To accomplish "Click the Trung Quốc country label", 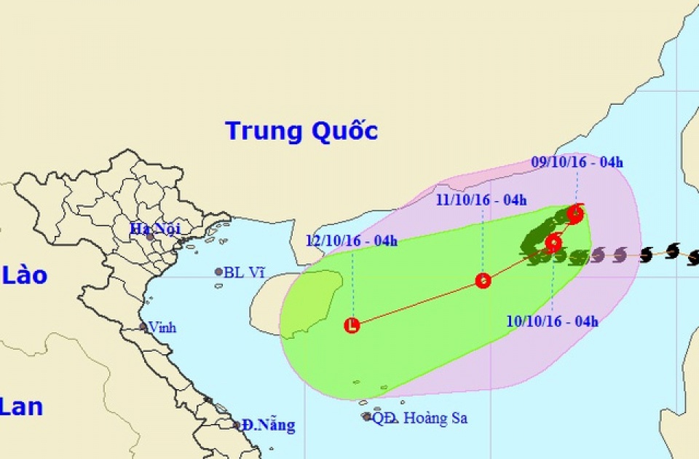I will click(x=301, y=131).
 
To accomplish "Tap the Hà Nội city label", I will click(x=154, y=229).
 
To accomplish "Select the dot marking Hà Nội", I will click(x=150, y=237).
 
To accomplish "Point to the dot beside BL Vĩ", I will click(x=218, y=272).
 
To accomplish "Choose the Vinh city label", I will click(x=162, y=327).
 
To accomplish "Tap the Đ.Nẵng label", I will click(x=269, y=425).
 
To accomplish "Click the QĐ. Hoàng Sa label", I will click(x=420, y=418).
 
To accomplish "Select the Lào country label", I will click(x=25, y=275).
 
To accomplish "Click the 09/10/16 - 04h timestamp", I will click(x=576, y=162).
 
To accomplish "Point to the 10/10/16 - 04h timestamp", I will click(x=553, y=321).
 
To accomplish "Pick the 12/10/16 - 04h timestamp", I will click(x=351, y=241).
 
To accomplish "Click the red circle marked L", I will click(x=352, y=326).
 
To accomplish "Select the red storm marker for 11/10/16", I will click(x=483, y=280).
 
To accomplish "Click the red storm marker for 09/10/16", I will click(x=575, y=213).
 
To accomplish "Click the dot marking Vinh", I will click(x=143, y=327).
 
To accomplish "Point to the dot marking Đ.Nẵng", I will click(x=237, y=425).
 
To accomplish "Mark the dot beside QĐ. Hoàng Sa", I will click(x=366, y=417).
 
